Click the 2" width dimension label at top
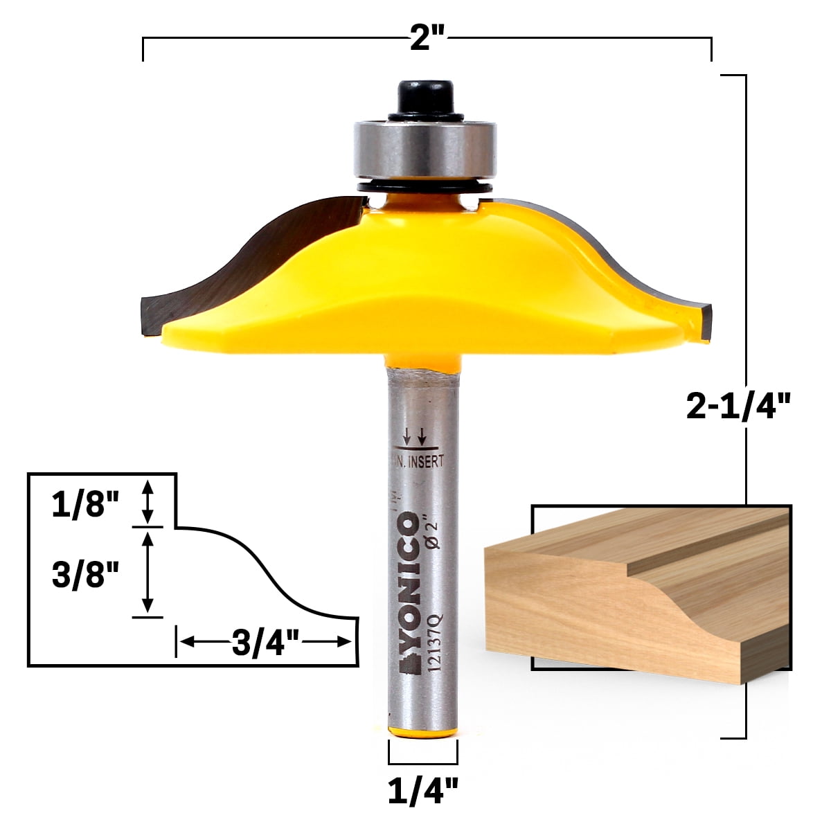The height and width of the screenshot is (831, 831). (x=427, y=39)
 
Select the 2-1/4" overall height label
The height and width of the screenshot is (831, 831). (x=738, y=406)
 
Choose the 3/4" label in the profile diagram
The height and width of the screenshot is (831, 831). (x=265, y=644)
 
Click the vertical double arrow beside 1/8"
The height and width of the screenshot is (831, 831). (x=147, y=503)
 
